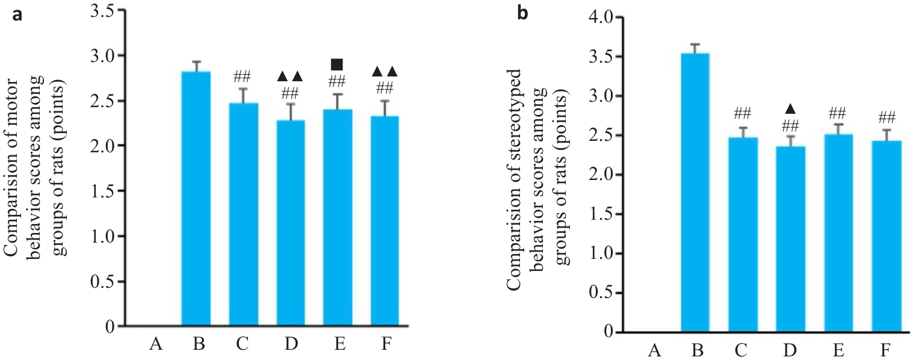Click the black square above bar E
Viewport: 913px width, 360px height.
337,64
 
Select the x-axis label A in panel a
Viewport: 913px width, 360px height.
155,345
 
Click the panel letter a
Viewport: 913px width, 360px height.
17,15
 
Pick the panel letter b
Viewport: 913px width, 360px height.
523,12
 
